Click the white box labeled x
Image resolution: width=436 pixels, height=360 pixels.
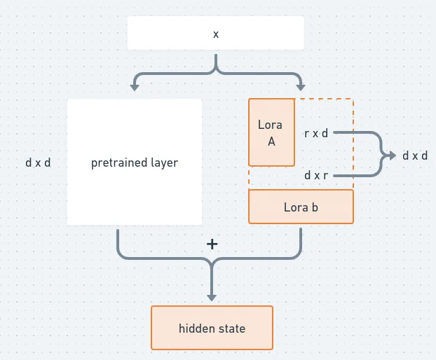[215, 33]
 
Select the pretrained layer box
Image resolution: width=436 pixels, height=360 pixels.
[135, 162]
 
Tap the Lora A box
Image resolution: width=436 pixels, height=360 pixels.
[271, 132]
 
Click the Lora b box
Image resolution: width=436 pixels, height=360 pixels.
[301, 207]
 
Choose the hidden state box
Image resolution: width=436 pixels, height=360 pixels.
[212, 328]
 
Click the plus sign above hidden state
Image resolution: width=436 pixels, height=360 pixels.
[212, 244]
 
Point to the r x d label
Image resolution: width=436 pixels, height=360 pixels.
[316, 132]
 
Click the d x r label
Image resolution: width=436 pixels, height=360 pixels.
[316, 175]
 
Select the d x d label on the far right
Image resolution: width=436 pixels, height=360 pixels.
[415, 155]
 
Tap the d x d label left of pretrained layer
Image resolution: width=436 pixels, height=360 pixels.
[38, 162]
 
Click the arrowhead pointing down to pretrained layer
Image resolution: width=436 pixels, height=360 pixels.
[133, 88]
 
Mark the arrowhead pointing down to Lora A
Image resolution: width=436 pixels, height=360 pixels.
[301, 88]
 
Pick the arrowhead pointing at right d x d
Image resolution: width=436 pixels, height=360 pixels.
[393, 155]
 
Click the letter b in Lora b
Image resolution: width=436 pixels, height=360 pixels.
[315, 207]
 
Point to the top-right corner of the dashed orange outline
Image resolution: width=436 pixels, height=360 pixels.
[353, 99]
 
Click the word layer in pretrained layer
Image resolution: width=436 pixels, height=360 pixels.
[164, 162]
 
